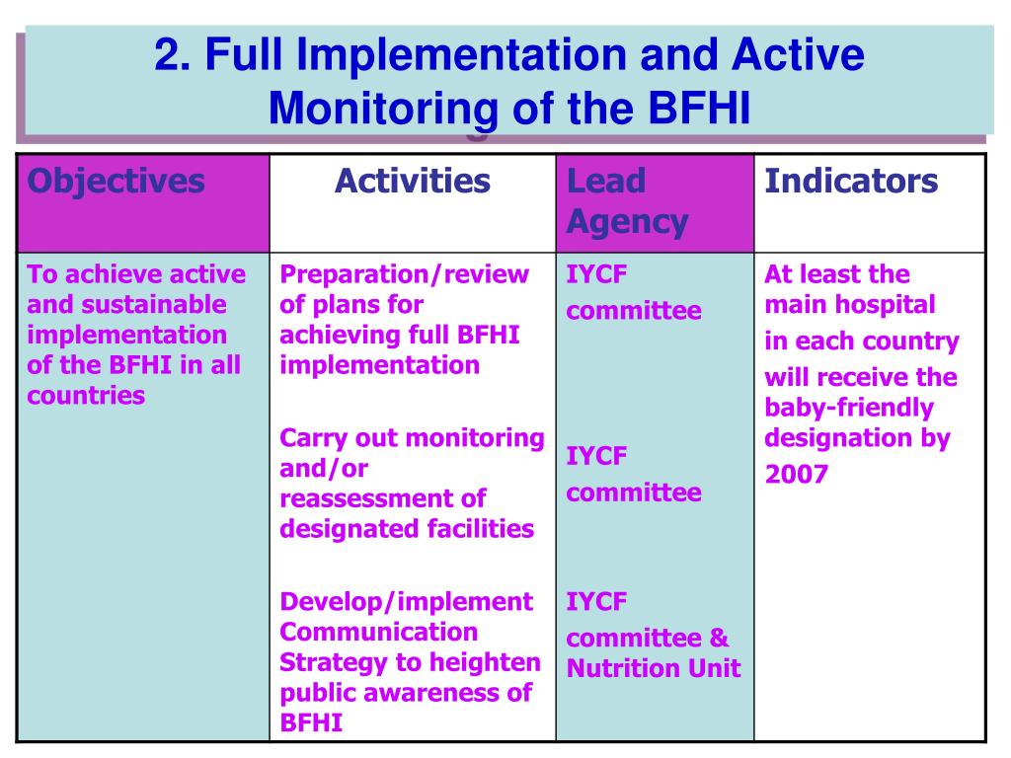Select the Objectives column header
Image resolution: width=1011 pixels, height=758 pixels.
(116, 182)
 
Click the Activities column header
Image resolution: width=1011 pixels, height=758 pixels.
(412, 182)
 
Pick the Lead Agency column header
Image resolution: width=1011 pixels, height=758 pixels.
(626, 201)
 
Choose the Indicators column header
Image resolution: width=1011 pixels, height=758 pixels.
(851, 182)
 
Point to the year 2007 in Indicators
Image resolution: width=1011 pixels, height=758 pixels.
(796, 476)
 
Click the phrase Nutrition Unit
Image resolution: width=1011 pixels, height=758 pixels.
(653, 668)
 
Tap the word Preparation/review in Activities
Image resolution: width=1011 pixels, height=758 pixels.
(404, 274)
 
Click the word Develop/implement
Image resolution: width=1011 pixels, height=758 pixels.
(406, 602)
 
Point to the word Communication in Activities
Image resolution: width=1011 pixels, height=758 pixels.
(378, 632)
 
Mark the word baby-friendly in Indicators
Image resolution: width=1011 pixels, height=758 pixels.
(848, 408)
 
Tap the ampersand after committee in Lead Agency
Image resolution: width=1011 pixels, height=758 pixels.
(719, 639)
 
